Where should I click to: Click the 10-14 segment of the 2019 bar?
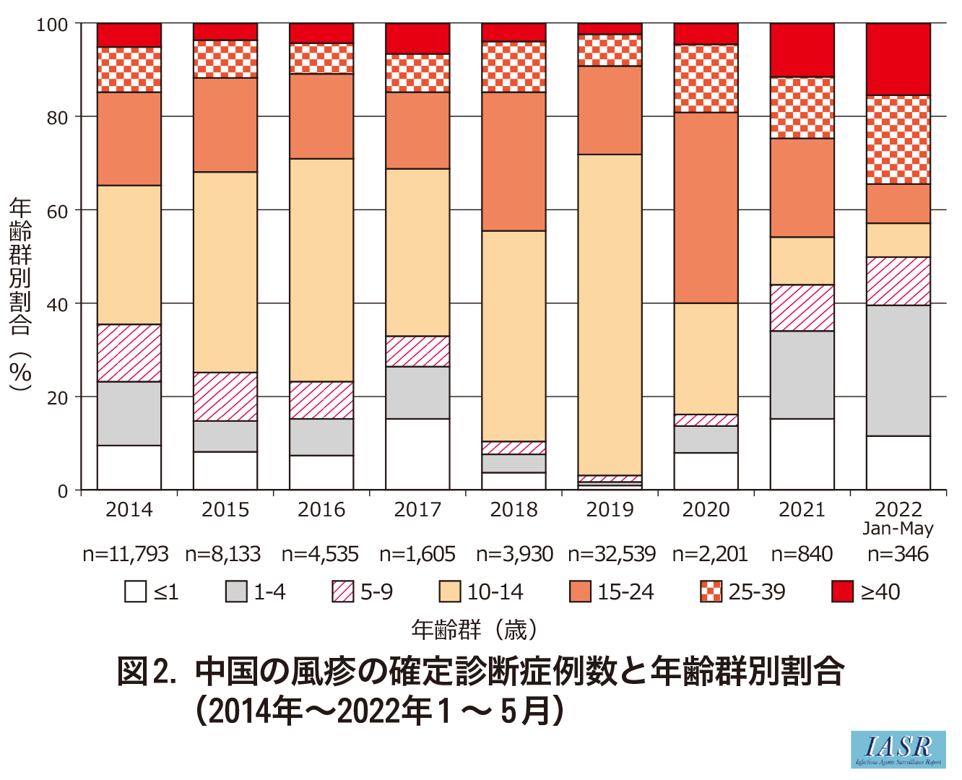click(610, 314)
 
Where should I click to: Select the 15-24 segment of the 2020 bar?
click(706, 207)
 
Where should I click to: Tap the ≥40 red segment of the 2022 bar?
click(898, 59)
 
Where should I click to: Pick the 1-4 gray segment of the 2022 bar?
click(898, 370)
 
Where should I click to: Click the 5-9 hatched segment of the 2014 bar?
click(129, 352)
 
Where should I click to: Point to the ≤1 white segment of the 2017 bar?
click(417, 454)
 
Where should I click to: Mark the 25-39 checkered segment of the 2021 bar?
click(802, 108)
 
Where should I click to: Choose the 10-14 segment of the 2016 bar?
click(321, 269)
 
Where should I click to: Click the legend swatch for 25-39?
click(711, 591)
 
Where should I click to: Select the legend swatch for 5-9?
click(342, 591)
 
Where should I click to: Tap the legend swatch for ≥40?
click(843, 591)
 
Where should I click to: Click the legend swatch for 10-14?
click(450, 591)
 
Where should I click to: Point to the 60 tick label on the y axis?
click(58, 211)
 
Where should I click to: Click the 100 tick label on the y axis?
click(52, 25)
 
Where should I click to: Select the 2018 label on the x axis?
click(514, 510)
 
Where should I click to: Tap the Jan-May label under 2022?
click(898, 529)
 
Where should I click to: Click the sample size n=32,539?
click(612, 555)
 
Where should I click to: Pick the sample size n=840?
click(802, 555)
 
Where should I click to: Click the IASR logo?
click(898, 749)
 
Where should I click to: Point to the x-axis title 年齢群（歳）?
click(475, 630)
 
